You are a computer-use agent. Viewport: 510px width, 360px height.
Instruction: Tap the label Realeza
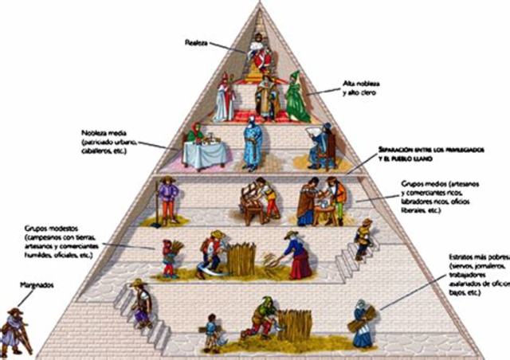pos(196,41)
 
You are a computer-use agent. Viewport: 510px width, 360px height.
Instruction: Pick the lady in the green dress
pos(296,97)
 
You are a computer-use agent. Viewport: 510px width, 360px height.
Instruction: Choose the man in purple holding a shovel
pos(167,199)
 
